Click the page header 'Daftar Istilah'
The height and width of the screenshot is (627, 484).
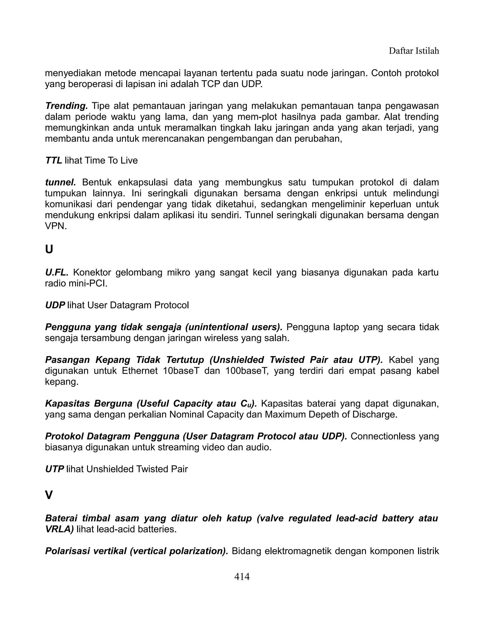tap(414, 51)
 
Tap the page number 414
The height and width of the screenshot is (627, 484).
tap(242, 576)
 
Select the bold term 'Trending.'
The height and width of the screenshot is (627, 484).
tap(66, 106)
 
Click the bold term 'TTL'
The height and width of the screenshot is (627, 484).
tap(54, 160)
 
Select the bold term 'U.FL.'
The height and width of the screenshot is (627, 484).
tap(57, 272)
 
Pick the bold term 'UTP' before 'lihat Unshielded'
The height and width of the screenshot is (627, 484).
tap(55, 469)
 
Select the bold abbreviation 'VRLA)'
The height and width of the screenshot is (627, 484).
tap(59, 529)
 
